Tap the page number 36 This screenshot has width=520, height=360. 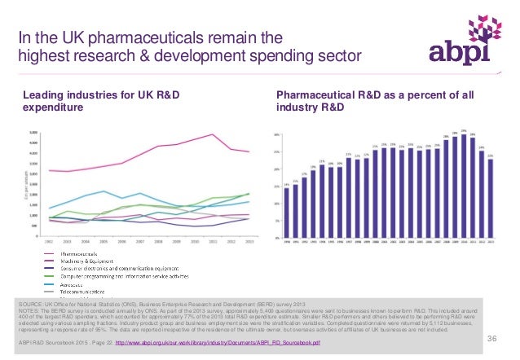[491, 338]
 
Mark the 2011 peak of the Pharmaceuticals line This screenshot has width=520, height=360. [213, 134]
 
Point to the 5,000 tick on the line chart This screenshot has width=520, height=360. [33, 132]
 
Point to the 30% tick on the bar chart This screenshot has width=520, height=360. [277, 134]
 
